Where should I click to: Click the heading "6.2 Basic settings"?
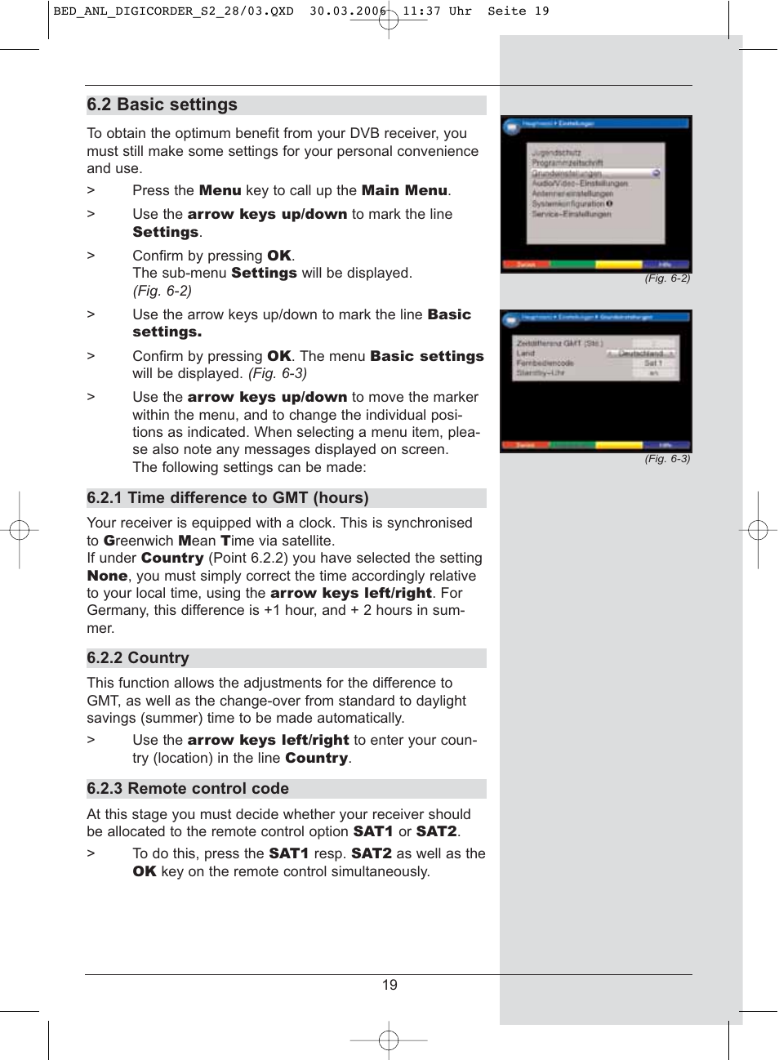pyautogui.click(x=162, y=105)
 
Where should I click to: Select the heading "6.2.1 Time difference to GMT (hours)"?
pyautogui.click(x=228, y=498)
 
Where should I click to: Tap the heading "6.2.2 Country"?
pyautogui.click(x=138, y=658)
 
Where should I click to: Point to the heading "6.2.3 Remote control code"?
pyautogui.click(x=188, y=789)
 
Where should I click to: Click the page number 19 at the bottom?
pyautogui.click(x=389, y=985)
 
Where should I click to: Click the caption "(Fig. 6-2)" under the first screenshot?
pyautogui.click(x=667, y=278)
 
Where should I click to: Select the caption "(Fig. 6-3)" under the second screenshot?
pyautogui.click(x=667, y=459)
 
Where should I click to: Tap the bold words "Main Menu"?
pyautogui.click(x=404, y=190)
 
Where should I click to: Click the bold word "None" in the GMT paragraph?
pyautogui.click(x=107, y=576)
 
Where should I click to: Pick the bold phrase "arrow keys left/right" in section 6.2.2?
pyautogui.click(x=268, y=740)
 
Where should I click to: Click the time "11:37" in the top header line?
pyautogui.click(x=421, y=11)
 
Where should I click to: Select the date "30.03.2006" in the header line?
pyautogui.click(x=348, y=11)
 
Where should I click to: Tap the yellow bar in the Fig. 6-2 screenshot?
pyautogui.click(x=618, y=265)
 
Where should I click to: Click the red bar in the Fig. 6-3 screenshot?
pyautogui.click(x=525, y=445)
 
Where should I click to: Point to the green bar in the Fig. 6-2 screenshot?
pyautogui.click(x=572, y=265)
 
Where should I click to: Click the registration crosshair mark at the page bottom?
pyautogui.click(x=389, y=1040)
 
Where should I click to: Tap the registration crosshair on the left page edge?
pyautogui.click(x=20, y=531)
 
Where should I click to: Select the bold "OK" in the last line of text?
pyautogui.click(x=145, y=872)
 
